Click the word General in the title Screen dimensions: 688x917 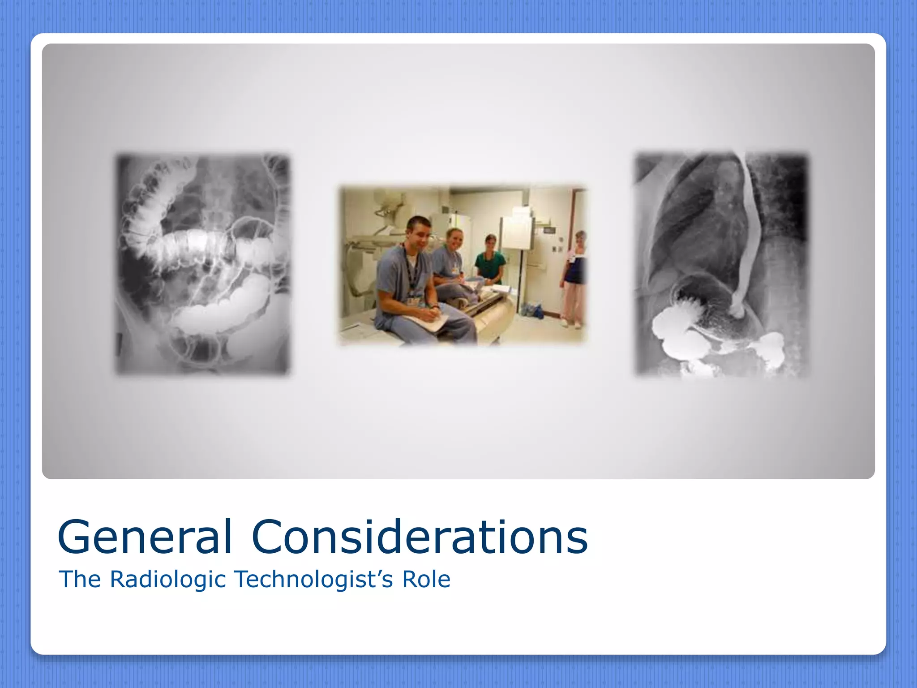(145, 537)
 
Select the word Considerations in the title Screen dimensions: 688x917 (420, 537)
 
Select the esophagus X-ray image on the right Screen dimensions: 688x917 (722, 264)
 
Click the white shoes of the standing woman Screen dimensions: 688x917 (571, 322)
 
